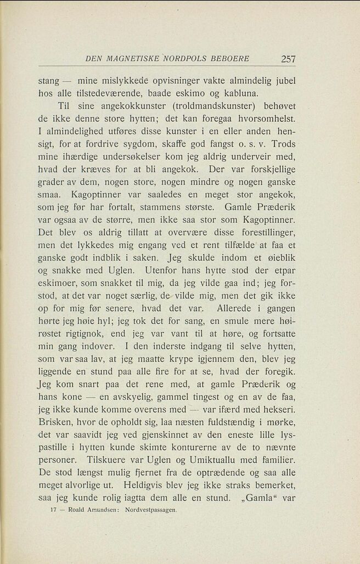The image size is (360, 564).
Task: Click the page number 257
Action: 288,59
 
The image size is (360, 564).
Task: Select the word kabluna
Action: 276,93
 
